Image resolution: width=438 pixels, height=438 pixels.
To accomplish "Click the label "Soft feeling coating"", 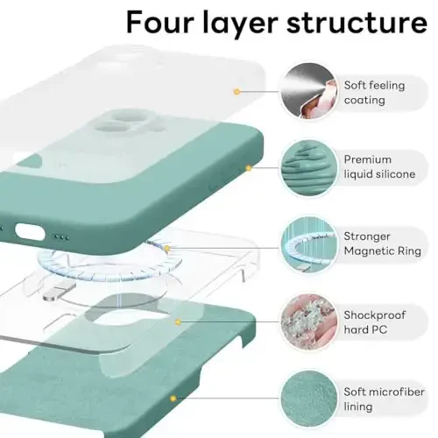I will [378, 92].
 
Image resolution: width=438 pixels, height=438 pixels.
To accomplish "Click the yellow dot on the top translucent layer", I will [236, 91].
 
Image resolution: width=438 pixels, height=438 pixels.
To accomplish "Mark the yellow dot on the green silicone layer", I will [249, 166].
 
